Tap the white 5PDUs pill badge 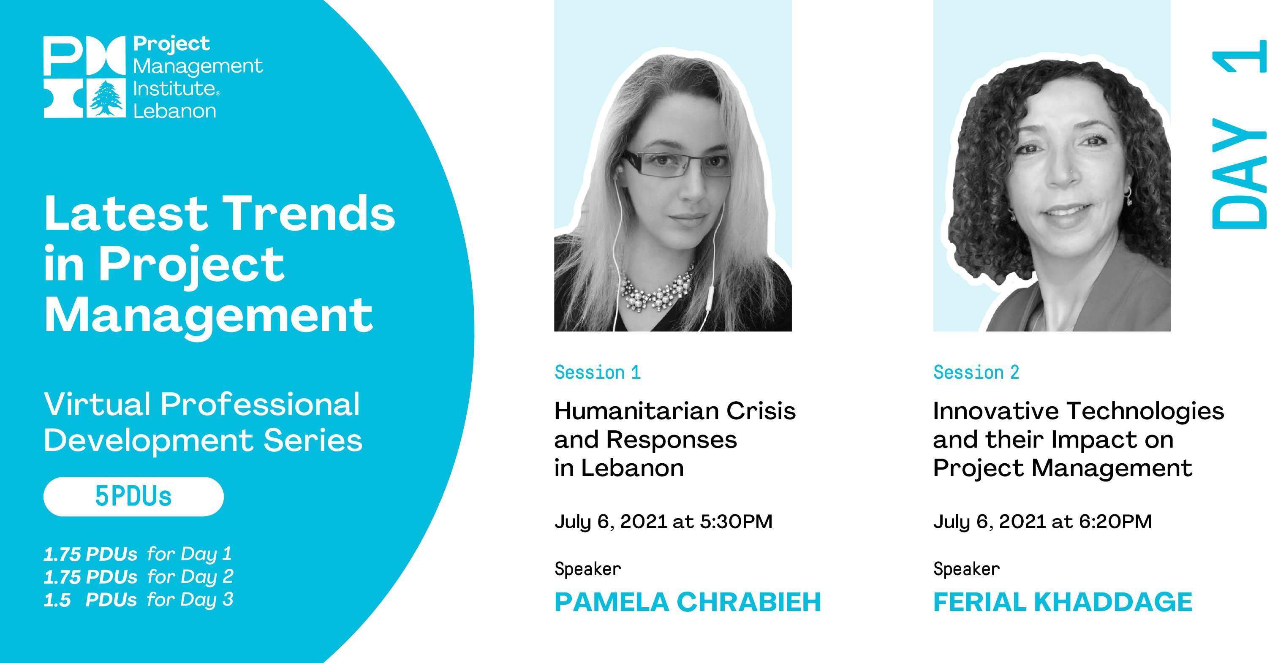click(x=133, y=496)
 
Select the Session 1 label click(x=598, y=372)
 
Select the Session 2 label click(x=976, y=372)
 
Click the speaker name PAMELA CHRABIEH click(x=688, y=602)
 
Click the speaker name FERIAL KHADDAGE click(x=1063, y=602)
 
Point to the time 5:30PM click(x=736, y=522)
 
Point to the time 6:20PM click(x=1115, y=522)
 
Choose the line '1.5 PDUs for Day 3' click(x=138, y=600)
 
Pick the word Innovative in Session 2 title click(x=996, y=411)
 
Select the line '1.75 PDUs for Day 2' click(x=138, y=577)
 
